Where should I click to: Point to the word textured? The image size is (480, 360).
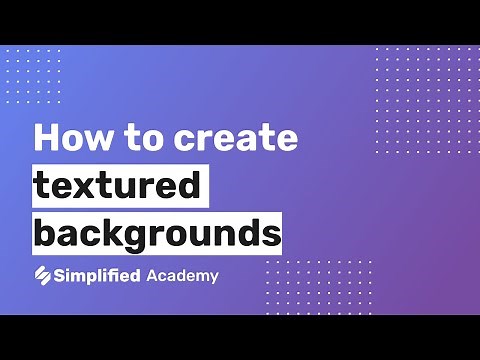point(119,186)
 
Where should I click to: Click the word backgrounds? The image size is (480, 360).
point(157,234)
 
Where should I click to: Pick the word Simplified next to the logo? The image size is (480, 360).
point(98,275)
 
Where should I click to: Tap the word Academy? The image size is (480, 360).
point(182,275)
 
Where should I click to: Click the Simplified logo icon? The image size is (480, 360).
point(43,275)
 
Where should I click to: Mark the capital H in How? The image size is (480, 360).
point(49,138)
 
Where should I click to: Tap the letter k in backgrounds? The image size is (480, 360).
point(117,234)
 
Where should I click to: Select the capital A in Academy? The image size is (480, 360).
point(152,275)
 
